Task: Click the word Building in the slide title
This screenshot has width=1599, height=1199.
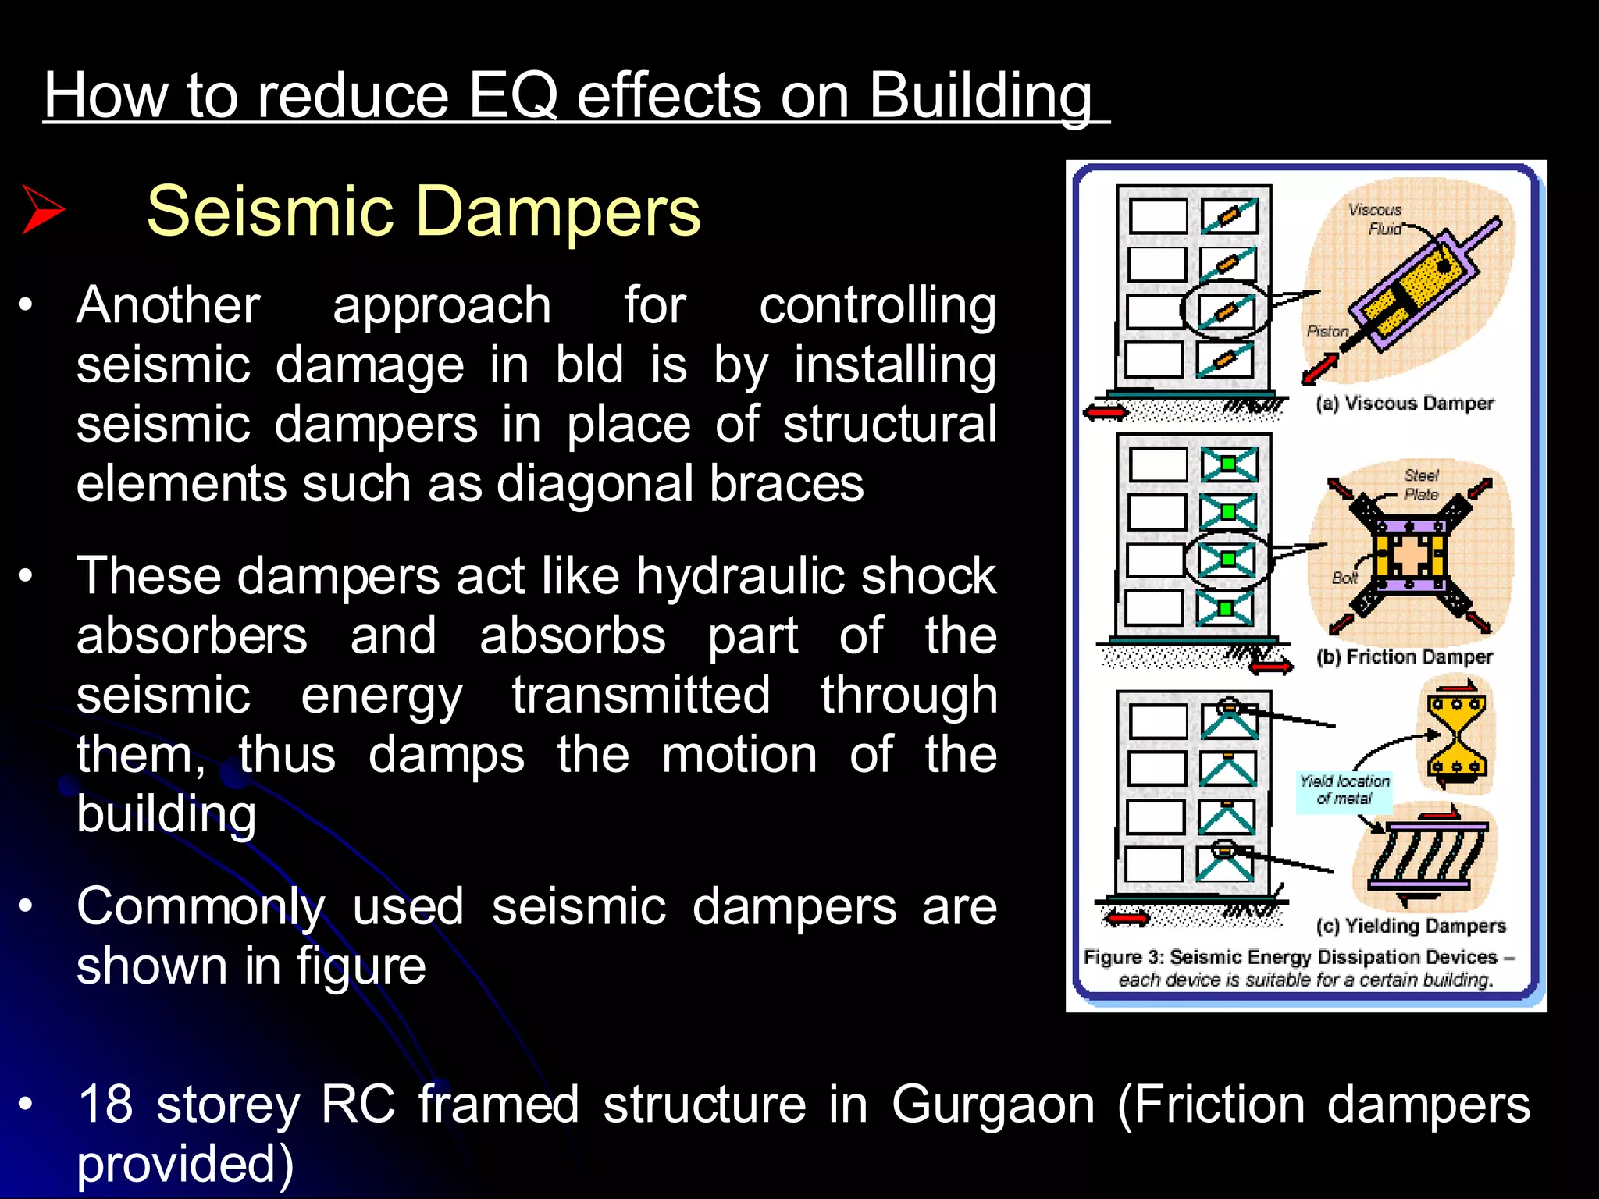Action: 980,95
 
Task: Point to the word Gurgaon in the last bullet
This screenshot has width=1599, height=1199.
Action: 994,1104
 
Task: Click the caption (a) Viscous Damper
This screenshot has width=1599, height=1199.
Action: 1404,403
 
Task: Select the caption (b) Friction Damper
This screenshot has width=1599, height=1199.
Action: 1404,656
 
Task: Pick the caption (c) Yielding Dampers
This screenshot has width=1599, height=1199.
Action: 1410,926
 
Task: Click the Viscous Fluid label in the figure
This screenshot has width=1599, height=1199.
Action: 1377,219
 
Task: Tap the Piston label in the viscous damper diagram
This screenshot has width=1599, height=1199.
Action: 1327,331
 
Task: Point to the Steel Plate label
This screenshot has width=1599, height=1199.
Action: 1421,484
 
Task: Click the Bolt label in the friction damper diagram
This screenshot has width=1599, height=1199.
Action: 1344,578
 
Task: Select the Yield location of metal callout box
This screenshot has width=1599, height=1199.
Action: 1344,790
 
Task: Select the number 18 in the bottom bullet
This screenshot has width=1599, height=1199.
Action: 105,1104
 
